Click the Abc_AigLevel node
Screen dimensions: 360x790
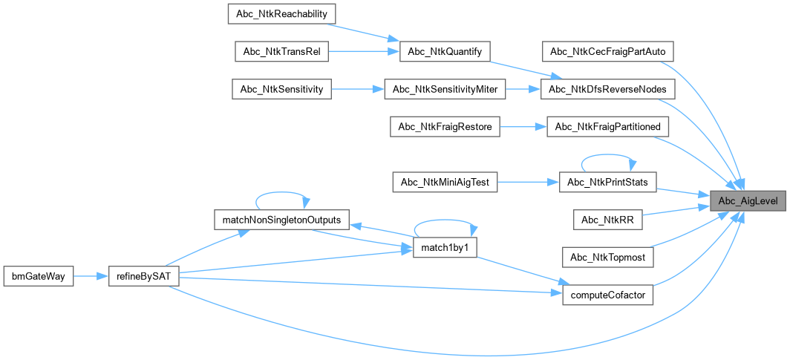748,201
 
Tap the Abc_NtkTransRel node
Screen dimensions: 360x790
281,51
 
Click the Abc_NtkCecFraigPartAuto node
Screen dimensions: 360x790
608,51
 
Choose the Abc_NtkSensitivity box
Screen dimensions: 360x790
281,89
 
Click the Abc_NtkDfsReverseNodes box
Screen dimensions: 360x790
608,89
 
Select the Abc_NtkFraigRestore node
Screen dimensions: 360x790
445,126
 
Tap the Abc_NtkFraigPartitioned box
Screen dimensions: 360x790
608,126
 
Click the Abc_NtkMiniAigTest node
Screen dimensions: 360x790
445,182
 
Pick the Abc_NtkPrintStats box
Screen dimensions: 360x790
607,182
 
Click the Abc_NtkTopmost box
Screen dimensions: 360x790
608,258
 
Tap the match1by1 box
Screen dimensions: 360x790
444,248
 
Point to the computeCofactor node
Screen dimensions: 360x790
607,295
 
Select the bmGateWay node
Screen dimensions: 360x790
38,276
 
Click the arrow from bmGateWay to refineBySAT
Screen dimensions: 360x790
91,276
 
